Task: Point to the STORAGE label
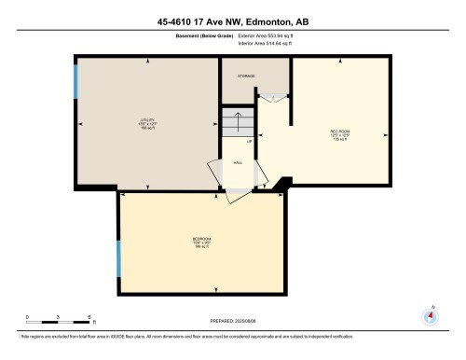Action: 246,76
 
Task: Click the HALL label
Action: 238,161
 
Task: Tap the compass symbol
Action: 430,315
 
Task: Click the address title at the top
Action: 233,22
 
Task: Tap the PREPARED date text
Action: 233,320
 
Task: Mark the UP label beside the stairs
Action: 250,141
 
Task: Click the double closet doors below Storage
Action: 268,98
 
